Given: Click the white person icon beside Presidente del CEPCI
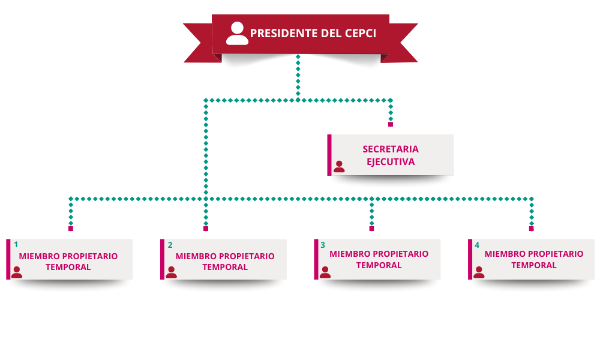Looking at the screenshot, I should [237, 34].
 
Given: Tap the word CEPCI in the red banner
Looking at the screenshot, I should [359, 33].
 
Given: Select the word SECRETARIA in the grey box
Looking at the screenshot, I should [391, 149].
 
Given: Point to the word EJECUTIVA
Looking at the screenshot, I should [391, 161].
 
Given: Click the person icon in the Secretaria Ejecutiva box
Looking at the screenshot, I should [339, 166].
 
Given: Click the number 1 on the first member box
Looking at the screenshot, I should [16, 245].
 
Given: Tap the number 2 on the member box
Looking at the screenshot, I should [170, 245].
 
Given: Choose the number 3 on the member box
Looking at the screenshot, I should [323, 245].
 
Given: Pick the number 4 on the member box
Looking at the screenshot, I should [477, 245].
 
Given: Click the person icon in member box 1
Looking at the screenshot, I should [17, 272].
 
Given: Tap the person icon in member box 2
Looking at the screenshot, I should [171, 272].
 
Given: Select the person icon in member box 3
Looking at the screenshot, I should [325, 272].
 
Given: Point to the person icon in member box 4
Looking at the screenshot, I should [479, 272].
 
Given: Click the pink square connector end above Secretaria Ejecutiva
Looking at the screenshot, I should [391, 124].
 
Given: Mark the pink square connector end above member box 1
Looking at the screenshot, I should [71, 229].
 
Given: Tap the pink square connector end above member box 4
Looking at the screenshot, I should [531, 229].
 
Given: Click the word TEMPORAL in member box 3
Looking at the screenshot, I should [379, 265].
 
